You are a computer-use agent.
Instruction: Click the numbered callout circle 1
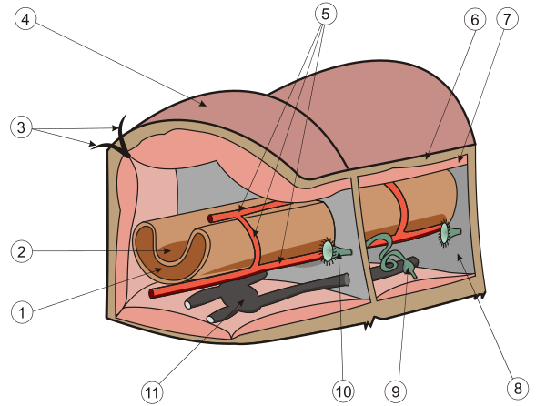pos(22,312)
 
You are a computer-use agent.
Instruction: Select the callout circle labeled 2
pos(22,251)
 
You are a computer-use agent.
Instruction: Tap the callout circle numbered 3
pos(22,127)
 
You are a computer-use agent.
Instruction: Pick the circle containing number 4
pos(25,19)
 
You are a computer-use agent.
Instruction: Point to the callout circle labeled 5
pos(326,14)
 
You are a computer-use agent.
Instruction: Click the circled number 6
pos(475,20)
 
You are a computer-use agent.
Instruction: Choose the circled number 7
pos(507,19)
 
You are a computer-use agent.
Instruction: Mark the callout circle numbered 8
pos(518,388)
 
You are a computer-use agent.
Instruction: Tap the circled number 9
pos(396,391)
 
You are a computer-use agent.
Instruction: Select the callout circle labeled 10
pos(343,391)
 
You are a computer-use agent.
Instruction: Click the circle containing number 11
pos(152,392)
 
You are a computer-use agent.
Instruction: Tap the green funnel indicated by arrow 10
pos(334,250)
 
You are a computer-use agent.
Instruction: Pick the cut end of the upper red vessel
pos(210,218)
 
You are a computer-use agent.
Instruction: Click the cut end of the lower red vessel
pos(151,293)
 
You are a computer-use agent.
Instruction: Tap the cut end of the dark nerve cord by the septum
pos(347,279)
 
